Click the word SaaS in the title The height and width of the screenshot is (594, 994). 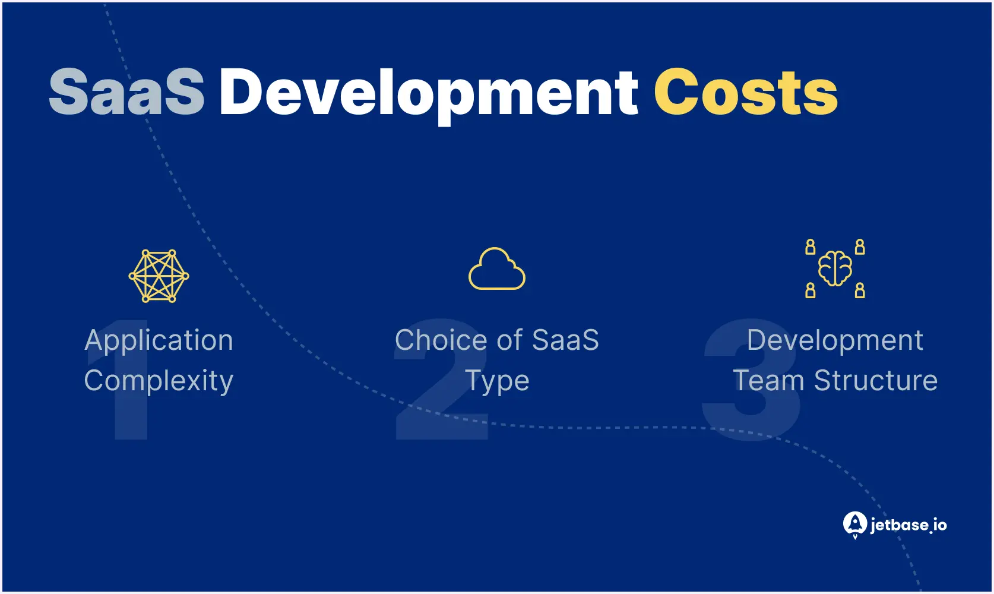point(126,92)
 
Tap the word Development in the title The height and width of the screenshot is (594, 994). point(429,96)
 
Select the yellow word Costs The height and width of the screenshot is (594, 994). point(746,92)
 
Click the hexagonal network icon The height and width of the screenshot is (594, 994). point(159,276)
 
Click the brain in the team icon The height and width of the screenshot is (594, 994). point(835,268)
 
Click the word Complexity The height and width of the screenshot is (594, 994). point(159,381)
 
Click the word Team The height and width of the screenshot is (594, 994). point(768,381)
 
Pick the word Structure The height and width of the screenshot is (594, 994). point(876,381)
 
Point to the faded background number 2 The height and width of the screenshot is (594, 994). point(442,380)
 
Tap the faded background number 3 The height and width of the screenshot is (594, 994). point(751,380)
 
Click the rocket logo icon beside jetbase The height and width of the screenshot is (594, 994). point(855,525)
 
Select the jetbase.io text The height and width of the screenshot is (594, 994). point(908,526)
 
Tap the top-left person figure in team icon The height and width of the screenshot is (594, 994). point(811,247)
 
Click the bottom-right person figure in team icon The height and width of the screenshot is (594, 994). point(860,290)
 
